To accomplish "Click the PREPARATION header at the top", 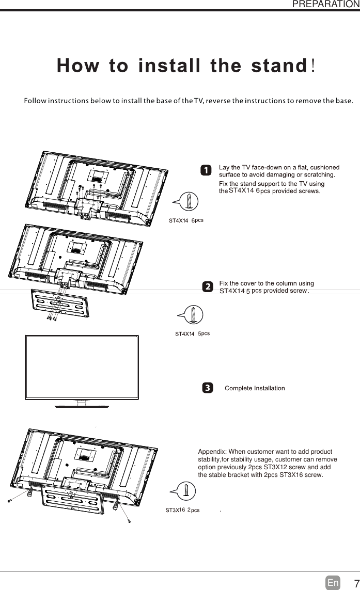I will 325,4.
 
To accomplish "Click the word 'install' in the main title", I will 171,67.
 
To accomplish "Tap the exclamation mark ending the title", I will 315,66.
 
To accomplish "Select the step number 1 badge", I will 205,170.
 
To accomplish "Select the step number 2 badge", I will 206,286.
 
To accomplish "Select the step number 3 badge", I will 206,388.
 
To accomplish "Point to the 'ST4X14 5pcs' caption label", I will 192,334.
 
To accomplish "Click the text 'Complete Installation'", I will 255,388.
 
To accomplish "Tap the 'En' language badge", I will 333,583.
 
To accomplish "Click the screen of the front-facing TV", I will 82,366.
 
